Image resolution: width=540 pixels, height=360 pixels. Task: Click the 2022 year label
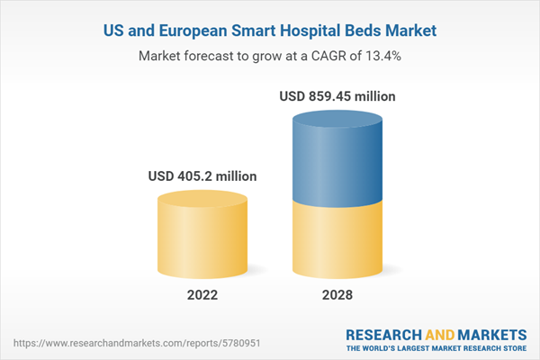pyautogui.click(x=202, y=295)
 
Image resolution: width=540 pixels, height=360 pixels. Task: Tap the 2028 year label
pyautogui.click(x=335, y=295)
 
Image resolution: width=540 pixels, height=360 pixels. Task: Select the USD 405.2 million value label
pyautogui.click(x=202, y=175)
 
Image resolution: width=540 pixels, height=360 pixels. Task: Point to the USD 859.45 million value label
pyautogui.click(x=337, y=95)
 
